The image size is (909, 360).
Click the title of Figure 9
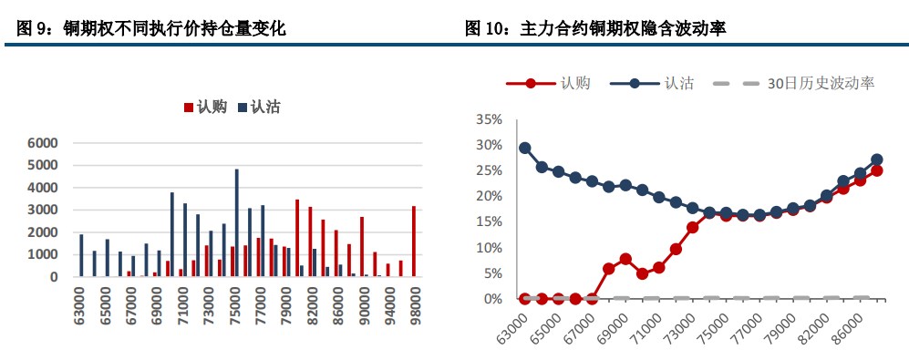151,29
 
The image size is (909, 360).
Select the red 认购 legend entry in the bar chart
205,108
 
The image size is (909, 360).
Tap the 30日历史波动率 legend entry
807,83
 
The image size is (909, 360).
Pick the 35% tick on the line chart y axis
490,119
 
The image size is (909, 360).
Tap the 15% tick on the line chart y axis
490,221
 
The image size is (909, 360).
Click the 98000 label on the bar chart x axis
415,302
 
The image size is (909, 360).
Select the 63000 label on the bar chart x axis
79,302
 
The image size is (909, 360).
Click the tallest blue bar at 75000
237,222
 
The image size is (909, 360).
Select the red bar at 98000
414,241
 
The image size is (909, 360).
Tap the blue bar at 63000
81,255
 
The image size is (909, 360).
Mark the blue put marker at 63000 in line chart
525,148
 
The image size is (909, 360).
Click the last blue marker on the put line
876,159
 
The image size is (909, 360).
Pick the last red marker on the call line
876,170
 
